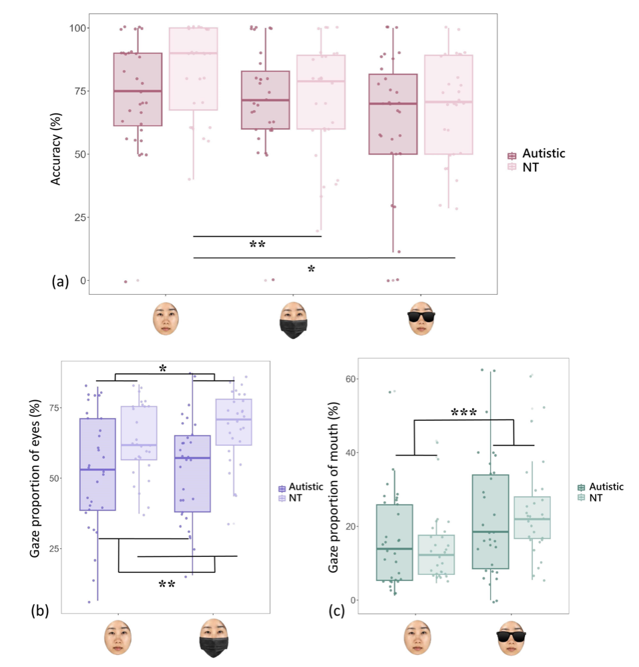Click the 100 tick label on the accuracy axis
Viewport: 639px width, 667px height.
click(x=78, y=28)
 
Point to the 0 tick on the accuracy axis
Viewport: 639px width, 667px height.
click(x=83, y=281)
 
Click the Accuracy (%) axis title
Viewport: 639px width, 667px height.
click(x=56, y=149)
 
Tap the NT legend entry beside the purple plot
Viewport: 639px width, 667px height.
click(x=290, y=498)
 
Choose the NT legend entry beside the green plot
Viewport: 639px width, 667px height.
click(x=590, y=498)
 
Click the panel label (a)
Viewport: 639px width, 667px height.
click(x=60, y=281)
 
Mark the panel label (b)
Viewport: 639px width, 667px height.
click(x=39, y=611)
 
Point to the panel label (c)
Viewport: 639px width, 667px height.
click(x=337, y=611)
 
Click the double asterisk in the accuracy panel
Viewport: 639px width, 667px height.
click(x=257, y=245)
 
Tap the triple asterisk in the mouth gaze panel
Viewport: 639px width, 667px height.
click(x=463, y=412)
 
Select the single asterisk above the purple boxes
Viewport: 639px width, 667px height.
click(x=163, y=368)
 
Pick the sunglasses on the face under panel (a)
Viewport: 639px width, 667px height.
click(x=421, y=316)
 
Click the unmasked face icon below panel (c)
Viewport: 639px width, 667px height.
click(x=417, y=638)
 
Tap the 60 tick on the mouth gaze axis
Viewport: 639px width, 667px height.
click(x=351, y=379)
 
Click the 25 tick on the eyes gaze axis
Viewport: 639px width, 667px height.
click(x=54, y=549)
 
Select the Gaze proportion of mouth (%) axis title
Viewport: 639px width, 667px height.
click(x=333, y=487)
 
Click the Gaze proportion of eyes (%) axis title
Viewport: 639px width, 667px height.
click(x=35, y=478)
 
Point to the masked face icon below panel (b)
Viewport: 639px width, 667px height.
click(x=213, y=638)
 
